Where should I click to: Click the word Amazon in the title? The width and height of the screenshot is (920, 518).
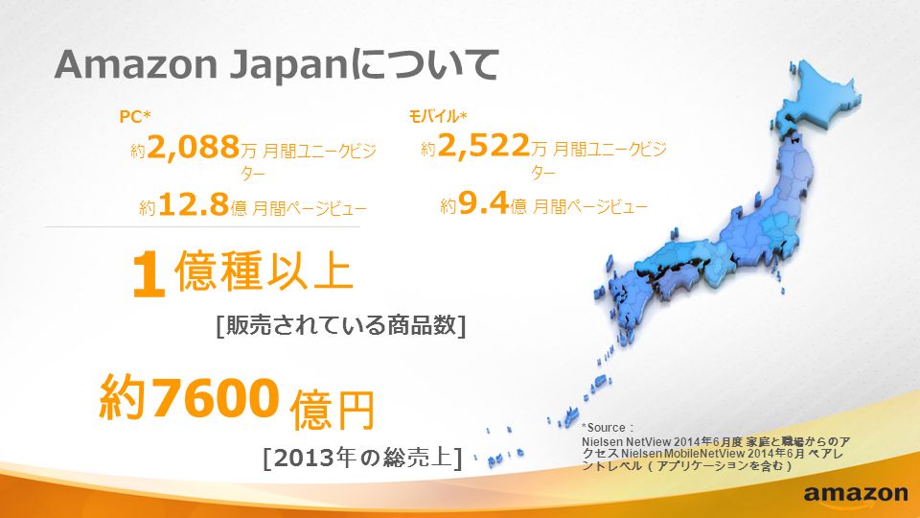click(x=136, y=64)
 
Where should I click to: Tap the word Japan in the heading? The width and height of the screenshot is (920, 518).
click(x=288, y=66)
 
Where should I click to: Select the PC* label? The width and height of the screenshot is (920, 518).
click(x=135, y=116)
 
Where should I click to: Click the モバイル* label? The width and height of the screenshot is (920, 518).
click(x=438, y=116)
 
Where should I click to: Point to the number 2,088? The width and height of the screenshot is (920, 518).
click(x=193, y=147)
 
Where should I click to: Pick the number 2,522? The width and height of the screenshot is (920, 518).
click(x=483, y=145)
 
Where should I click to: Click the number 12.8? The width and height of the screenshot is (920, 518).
click(x=193, y=204)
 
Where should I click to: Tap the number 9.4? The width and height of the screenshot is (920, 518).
click(x=483, y=203)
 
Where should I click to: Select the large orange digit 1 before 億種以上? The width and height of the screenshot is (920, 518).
click(x=148, y=275)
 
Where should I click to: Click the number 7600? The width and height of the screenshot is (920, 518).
click(x=215, y=397)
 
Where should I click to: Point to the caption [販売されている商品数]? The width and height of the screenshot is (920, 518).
click(x=341, y=325)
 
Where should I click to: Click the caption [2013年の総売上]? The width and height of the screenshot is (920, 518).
click(x=362, y=457)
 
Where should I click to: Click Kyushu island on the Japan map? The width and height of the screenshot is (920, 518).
click(x=627, y=299)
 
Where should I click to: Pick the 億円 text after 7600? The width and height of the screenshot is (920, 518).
click(x=333, y=409)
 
